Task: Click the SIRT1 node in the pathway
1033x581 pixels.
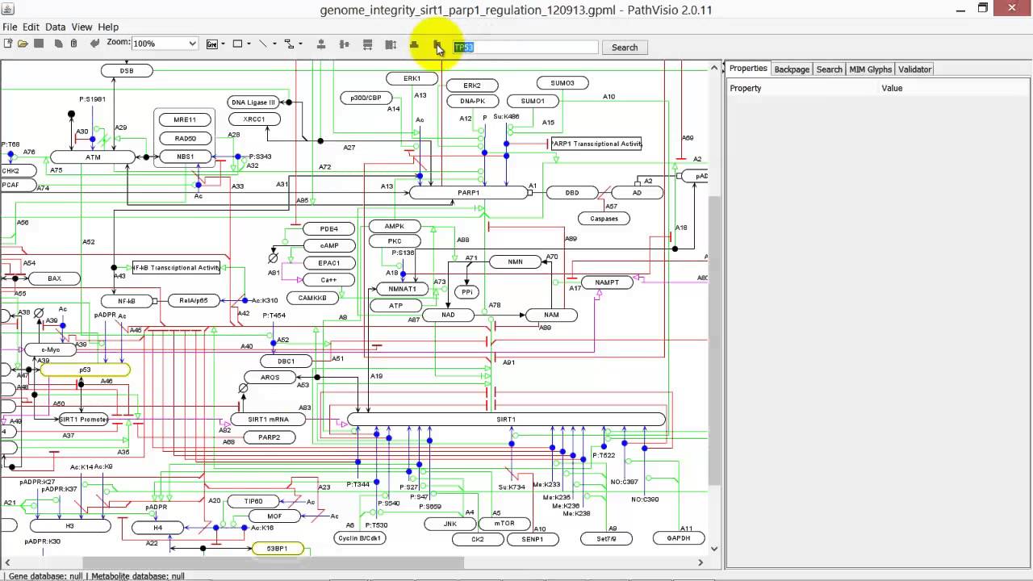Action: (x=506, y=420)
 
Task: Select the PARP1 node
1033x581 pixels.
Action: (x=468, y=193)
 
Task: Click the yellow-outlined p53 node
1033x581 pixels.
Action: (x=85, y=370)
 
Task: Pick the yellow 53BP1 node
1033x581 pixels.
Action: (x=277, y=549)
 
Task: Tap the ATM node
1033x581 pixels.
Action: (x=93, y=157)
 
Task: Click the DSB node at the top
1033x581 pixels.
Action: (x=127, y=71)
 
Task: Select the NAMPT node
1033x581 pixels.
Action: (x=607, y=282)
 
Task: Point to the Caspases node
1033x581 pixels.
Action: (x=604, y=219)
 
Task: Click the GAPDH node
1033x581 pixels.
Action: (x=679, y=538)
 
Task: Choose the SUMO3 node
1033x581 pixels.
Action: (x=563, y=83)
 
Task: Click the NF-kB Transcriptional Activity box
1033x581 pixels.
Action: (x=176, y=268)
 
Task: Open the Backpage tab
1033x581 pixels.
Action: (x=792, y=69)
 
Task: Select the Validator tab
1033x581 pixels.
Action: (x=914, y=69)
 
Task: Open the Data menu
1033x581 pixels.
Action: (x=56, y=27)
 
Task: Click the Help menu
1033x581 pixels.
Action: (x=108, y=27)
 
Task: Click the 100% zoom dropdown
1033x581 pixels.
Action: (x=165, y=44)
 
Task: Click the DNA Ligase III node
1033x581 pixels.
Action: (x=253, y=102)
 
